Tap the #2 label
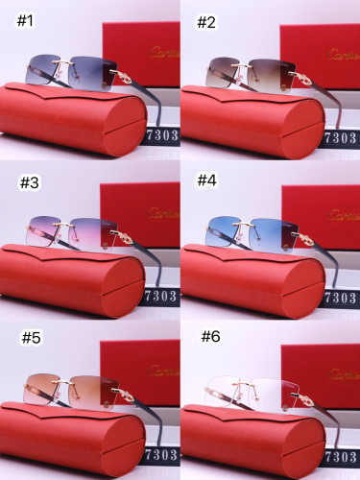pyautogui.click(x=206, y=22)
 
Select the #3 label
pyautogui.click(x=30, y=181)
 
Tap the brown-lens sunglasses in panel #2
pyautogui.click(x=248, y=72)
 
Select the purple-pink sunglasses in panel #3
pyautogui.click(x=72, y=230)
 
